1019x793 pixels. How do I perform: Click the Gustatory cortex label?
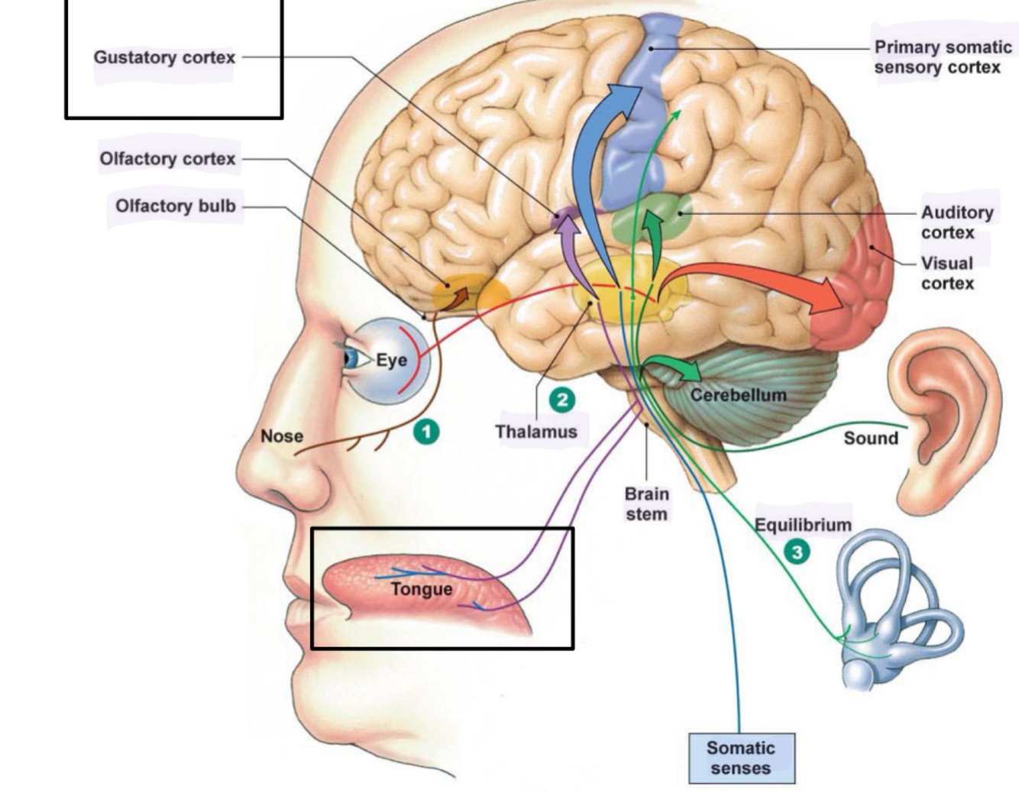coord(164,57)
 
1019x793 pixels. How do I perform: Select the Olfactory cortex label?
coord(167,159)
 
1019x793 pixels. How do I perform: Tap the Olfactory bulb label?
coord(176,206)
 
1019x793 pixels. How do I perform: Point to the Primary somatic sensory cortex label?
coord(943,57)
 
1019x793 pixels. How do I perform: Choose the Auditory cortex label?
coord(957,222)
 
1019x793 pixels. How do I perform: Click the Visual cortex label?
coord(947,273)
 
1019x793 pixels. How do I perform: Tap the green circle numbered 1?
coord(427,432)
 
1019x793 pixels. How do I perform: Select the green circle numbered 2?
coord(562,400)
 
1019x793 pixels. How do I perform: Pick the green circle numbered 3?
coord(797,552)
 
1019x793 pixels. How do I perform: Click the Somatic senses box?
coord(741,758)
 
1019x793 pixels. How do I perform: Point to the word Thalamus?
coord(536,432)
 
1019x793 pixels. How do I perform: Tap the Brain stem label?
coord(646,503)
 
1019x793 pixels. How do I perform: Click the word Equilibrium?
coord(803,525)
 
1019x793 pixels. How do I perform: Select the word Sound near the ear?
coord(871,438)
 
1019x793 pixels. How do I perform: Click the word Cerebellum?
coord(738,395)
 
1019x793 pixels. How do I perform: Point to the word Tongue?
coord(422,589)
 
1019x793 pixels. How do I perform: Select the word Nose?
coord(282,435)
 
